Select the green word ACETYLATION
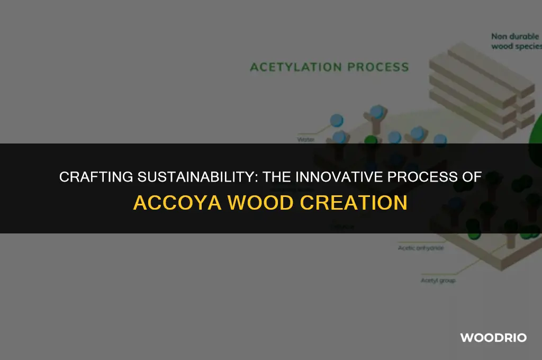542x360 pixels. point(296,67)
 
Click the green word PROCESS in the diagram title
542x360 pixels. point(377,67)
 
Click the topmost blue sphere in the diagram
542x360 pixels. point(377,112)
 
